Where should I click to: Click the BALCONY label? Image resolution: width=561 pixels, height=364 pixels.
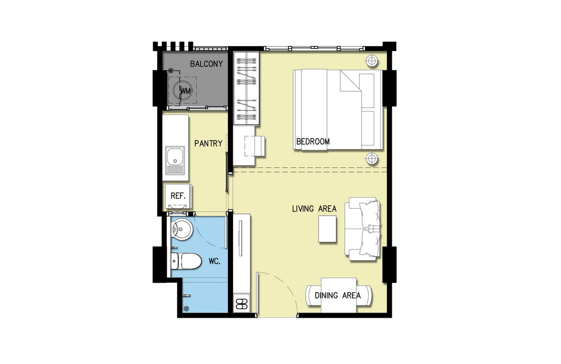coord(207,64)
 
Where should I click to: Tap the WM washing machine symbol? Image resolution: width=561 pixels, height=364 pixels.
coord(183,91)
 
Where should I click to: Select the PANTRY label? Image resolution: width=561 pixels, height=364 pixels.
coord(208,143)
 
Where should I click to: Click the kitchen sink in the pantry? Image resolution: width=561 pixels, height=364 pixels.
coord(175,160)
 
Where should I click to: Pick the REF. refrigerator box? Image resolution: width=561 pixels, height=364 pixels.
coord(178,196)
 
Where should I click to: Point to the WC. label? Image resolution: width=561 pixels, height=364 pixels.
coord(214,262)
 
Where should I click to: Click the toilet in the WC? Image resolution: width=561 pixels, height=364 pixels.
coord(186,262)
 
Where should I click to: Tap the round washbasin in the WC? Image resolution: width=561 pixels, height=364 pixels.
coord(182,228)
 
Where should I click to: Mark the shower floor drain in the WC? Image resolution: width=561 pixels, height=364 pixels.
coord(186,309)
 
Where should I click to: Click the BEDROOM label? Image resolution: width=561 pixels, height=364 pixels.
coord(313,142)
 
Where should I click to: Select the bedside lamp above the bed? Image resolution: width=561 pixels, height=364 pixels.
coord(372,61)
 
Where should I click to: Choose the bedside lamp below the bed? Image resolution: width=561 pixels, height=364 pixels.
coord(372,157)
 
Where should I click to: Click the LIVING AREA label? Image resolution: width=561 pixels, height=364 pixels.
coord(314,209)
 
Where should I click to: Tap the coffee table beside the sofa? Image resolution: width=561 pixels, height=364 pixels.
coord(327,229)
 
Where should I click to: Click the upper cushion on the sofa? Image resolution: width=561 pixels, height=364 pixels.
coord(370,214)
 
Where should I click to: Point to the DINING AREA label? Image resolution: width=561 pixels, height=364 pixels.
coord(338,295)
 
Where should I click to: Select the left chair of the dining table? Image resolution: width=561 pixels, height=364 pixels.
coord(314,295)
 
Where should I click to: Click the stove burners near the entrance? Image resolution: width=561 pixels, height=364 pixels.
coord(242,303)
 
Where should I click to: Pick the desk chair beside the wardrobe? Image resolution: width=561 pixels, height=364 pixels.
coord(255,146)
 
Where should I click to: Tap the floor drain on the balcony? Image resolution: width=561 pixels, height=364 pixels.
coord(171,71)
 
